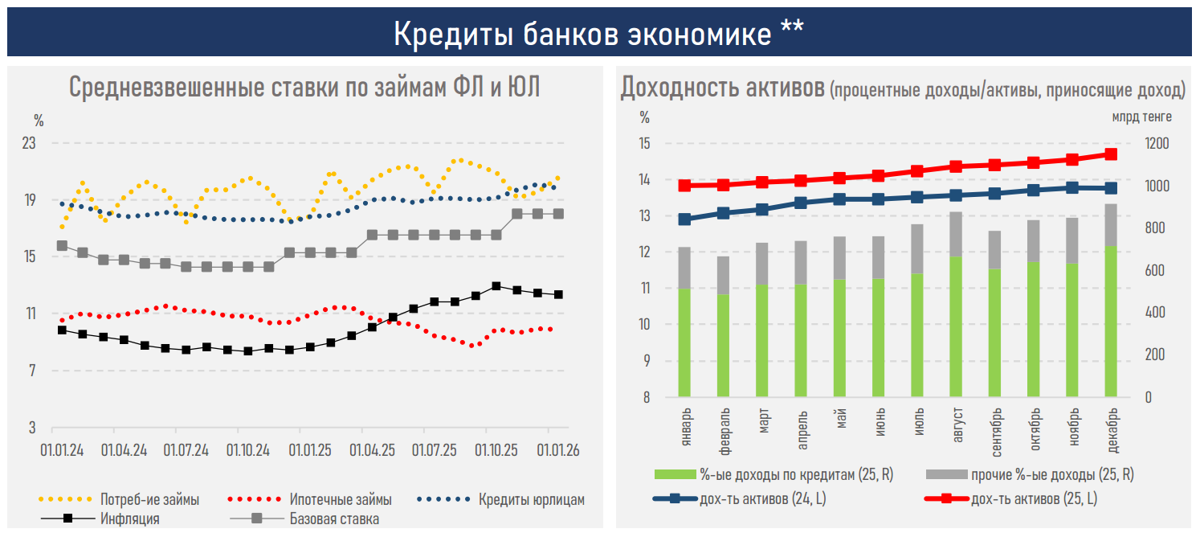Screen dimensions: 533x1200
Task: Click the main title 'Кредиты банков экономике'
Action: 598,33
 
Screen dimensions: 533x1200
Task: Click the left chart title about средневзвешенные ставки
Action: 304,87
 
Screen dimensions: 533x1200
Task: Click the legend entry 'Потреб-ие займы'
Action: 149,499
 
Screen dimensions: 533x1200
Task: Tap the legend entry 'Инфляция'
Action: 129,519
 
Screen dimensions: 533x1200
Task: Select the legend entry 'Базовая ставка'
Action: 334,519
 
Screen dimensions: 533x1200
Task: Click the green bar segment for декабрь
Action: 1111,322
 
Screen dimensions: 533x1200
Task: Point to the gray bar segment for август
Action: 956,234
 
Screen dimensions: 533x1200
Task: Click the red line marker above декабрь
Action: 1111,154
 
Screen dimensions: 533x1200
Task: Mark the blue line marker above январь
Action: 684,219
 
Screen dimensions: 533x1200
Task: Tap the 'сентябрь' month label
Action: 995,427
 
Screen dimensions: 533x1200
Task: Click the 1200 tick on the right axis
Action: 1157,144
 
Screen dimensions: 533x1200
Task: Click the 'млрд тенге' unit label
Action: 1141,117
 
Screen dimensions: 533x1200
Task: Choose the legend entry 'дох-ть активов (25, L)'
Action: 1032,499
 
